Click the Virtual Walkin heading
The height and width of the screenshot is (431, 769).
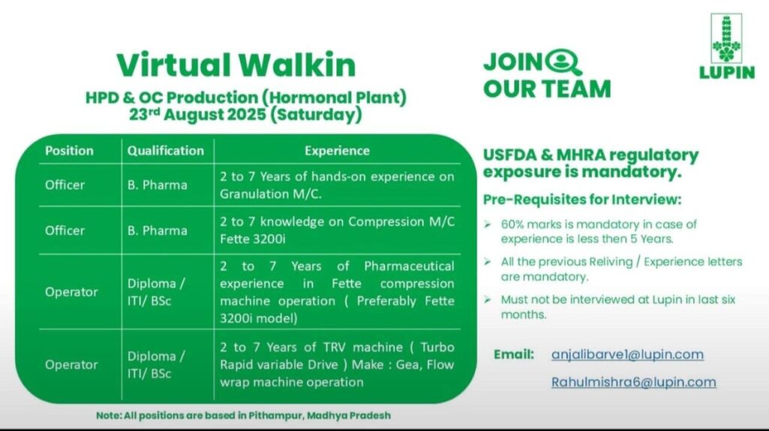[x=237, y=65]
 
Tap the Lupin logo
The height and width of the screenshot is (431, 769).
[x=726, y=47]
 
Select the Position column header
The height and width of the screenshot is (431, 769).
[x=69, y=150]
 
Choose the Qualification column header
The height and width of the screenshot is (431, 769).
[x=165, y=150]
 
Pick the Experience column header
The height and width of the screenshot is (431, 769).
[x=336, y=150]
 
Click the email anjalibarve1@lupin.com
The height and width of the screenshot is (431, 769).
[x=627, y=354]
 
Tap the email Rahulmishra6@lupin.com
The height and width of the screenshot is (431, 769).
[x=633, y=382]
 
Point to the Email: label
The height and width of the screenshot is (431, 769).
[x=514, y=354]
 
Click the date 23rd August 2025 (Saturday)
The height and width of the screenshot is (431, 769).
[x=245, y=116]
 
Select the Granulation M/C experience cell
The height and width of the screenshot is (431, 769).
[x=336, y=185]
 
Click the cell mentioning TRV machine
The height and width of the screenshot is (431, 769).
[x=336, y=364]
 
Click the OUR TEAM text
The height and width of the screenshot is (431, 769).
[x=546, y=89]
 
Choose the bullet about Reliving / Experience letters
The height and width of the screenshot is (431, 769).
[x=621, y=269]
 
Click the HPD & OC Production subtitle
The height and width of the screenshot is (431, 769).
[x=245, y=98]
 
